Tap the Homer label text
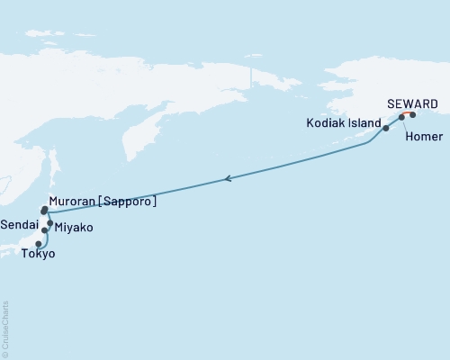pyautogui.click(x=423, y=137)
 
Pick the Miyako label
pyautogui.click(x=73, y=229)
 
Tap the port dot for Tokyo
pyautogui.click(x=38, y=243)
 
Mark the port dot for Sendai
pyautogui.click(x=44, y=230)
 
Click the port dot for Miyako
pyautogui.click(x=49, y=223)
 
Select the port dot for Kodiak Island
pyautogui.click(x=386, y=129)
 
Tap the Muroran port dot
pyautogui.click(x=44, y=211)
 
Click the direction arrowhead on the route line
pyautogui.click(x=228, y=179)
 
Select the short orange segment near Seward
pyautogui.click(x=408, y=114)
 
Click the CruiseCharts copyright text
pyautogui.click(x=5, y=328)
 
